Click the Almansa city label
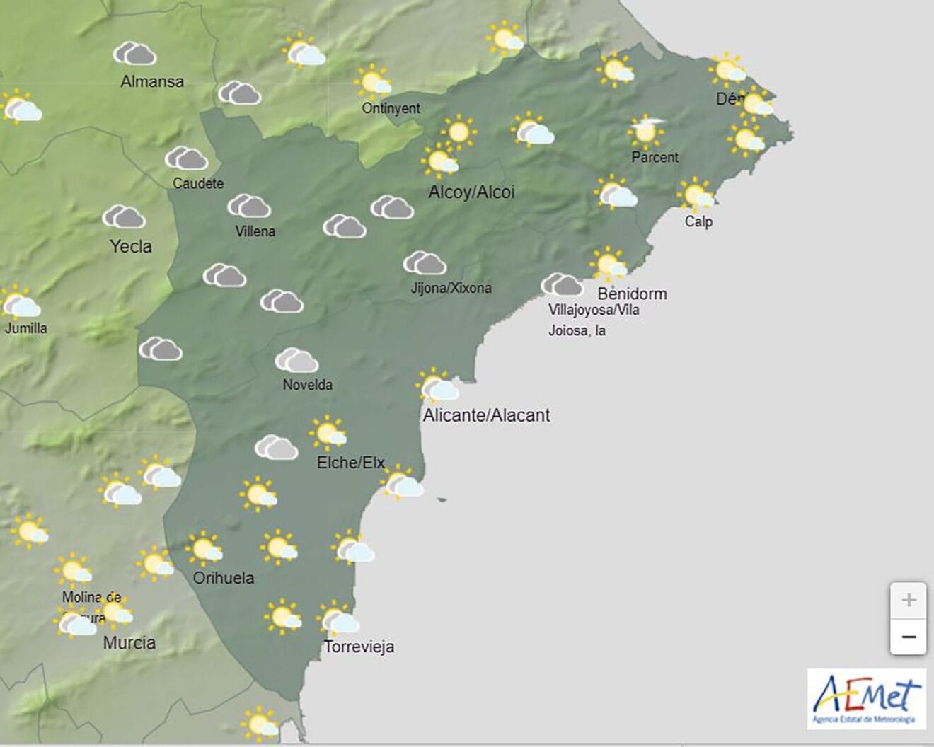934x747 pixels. click(x=152, y=81)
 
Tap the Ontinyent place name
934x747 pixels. click(x=391, y=108)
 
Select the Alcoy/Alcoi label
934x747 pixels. click(x=471, y=192)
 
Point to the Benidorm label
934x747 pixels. click(x=632, y=293)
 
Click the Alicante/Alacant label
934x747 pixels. click(x=486, y=415)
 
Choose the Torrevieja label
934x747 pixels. click(x=359, y=647)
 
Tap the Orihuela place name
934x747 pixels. click(x=224, y=578)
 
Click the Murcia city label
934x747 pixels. click(x=129, y=643)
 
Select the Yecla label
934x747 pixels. click(x=131, y=246)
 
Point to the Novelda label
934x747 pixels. click(x=307, y=385)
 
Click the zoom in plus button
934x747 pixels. click(x=909, y=601)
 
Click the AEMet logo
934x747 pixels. click(x=867, y=699)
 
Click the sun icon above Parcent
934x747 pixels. click(x=645, y=132)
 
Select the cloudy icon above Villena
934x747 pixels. click(x=249, y=206)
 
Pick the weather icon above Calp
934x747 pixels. click(x=696, y=195)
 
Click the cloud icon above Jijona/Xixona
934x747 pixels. click(x=425, y=263)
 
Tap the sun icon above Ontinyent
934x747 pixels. click(x=374, y=81)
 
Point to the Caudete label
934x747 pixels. click(x=198, y=183)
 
